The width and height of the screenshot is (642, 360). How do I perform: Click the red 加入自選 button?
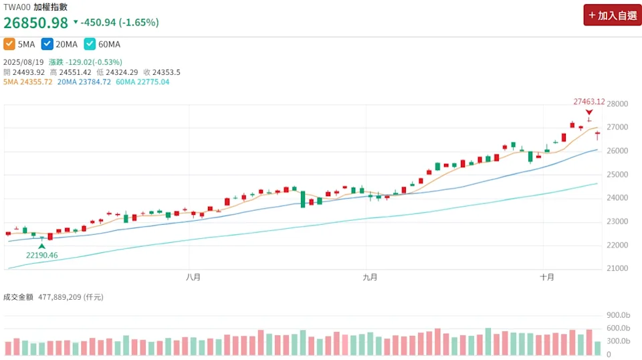612,15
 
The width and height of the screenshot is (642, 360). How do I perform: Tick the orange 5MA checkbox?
9,44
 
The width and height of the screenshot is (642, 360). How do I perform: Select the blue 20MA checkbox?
47,44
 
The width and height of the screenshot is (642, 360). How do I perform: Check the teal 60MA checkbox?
90,44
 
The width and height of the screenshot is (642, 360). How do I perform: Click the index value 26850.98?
36,23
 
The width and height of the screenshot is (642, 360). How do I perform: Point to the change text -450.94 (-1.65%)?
120,23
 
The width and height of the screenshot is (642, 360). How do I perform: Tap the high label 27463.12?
588,102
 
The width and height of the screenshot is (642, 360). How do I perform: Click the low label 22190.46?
41,255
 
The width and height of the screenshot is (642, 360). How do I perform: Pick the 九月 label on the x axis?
370,276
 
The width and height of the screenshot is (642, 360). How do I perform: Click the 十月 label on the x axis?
547,276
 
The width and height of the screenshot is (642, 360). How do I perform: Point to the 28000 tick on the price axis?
617,104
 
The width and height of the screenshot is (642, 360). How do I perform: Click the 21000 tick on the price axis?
617,268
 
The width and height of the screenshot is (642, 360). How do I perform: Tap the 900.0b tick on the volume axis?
617,315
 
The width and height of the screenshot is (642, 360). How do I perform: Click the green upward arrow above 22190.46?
42,246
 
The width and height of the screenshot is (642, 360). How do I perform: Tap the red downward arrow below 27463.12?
588,112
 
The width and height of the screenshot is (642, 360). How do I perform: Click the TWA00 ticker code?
16,7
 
